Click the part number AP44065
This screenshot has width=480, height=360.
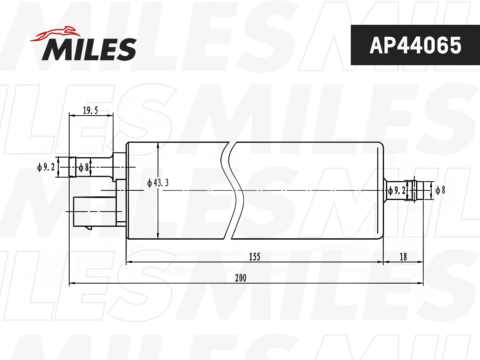[x=415, y=45]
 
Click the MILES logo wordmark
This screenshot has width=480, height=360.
[x=89, y=49]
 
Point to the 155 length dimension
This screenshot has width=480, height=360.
[x=254, y=257]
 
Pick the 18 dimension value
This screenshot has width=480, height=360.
[x=403, y=257]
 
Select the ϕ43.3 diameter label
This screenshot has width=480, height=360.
[x=158, y=183]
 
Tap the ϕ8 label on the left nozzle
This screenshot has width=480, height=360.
[x=83, y=167]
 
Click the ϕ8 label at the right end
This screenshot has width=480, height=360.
[x=440, y=190]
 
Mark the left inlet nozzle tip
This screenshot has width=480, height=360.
[x=72, y=167]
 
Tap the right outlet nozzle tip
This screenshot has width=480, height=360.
[x=418, y=190]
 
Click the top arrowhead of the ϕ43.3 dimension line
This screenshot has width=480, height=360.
[x=158, y=145]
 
